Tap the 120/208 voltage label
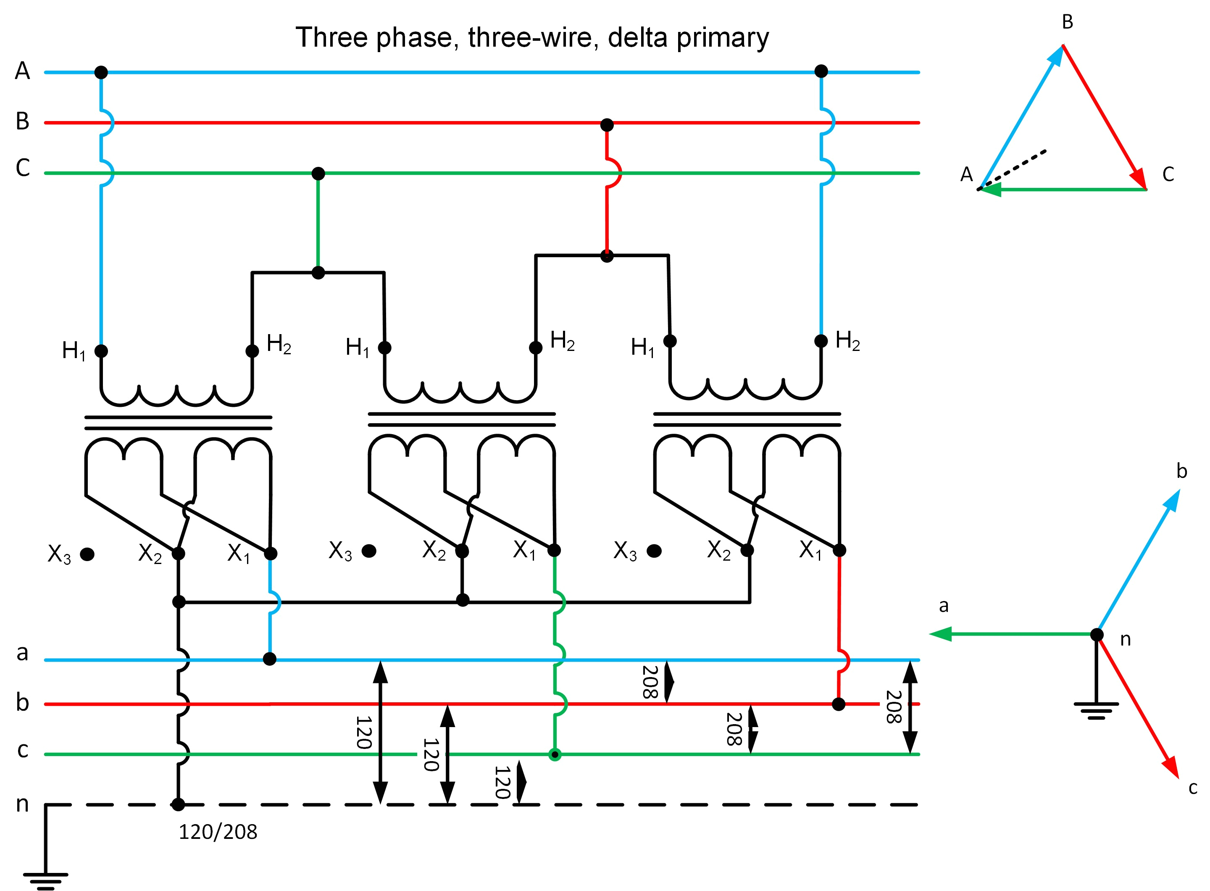coord(218,832)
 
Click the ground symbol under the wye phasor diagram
coord(1096,711)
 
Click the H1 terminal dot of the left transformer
coord(101,351)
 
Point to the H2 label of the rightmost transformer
coord(847,341)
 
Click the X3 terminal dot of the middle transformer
coord(369,551)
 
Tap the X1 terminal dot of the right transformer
coord(839,550)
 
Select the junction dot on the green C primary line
coord(318,174)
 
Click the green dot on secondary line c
coord(554,754)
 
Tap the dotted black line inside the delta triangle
coord(1014,169)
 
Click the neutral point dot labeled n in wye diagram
coord(1097,634)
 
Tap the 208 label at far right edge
coord(894,706)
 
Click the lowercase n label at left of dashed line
coord(22,804)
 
